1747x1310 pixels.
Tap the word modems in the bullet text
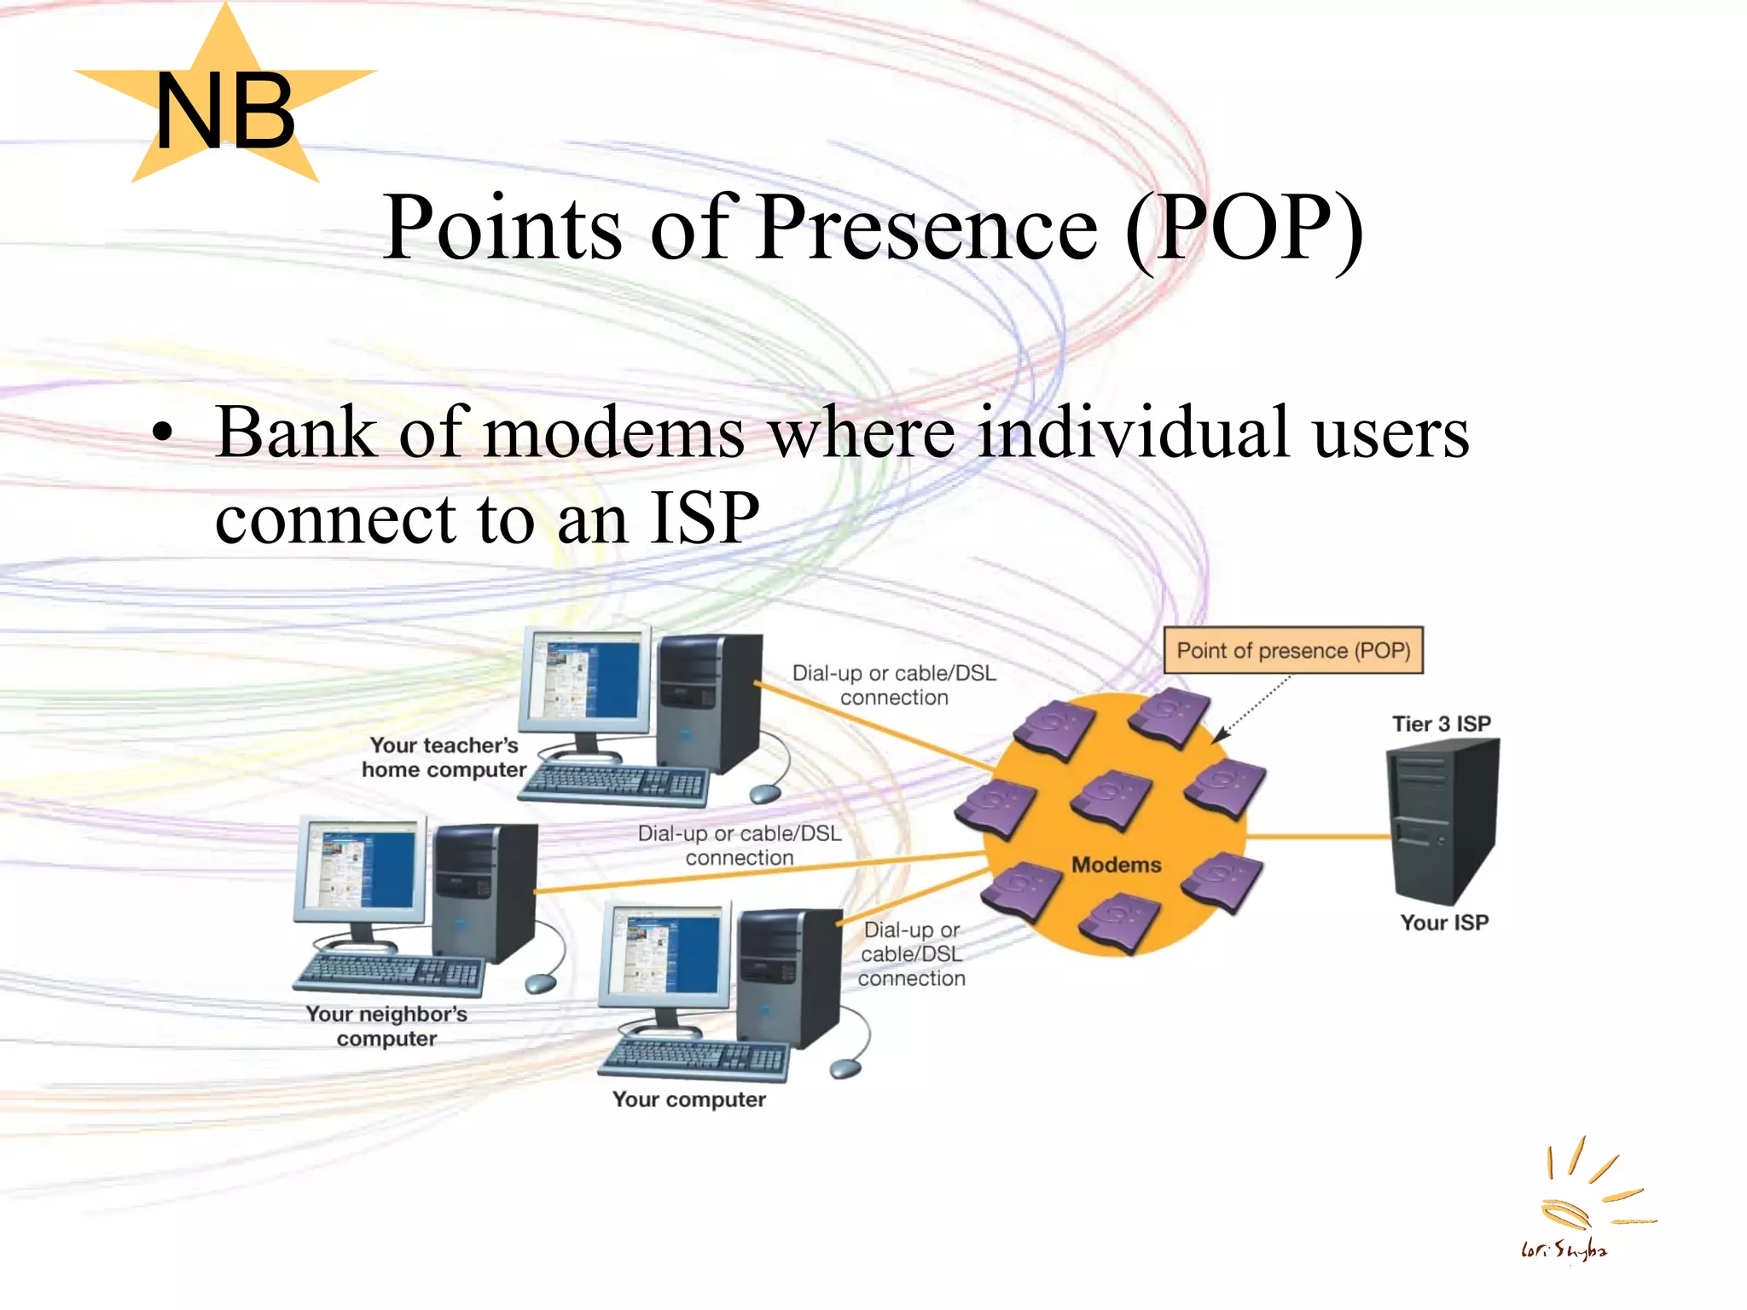613,433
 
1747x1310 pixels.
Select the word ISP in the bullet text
705,518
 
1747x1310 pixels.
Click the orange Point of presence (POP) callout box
1292,651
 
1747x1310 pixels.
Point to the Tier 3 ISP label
1441,724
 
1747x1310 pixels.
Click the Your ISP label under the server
1443,923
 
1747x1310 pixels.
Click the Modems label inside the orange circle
1116,865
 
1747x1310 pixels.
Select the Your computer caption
688,1099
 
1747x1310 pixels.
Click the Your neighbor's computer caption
386,1026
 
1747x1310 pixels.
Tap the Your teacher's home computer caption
444,757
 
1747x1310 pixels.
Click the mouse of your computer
844,1069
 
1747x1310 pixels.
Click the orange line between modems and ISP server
1318,837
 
